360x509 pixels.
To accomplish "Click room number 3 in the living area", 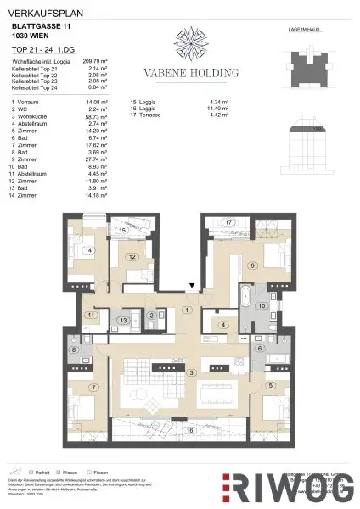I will (x=192, y=372).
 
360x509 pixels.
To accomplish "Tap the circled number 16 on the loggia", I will (x=192, y=431).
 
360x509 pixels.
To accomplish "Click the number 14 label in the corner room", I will (x=87, y=251).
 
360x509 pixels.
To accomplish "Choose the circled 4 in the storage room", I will (x=222, y=325).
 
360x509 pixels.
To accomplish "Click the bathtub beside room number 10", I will (x=244, y=299).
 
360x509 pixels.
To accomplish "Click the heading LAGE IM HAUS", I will (x=308, y=28).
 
